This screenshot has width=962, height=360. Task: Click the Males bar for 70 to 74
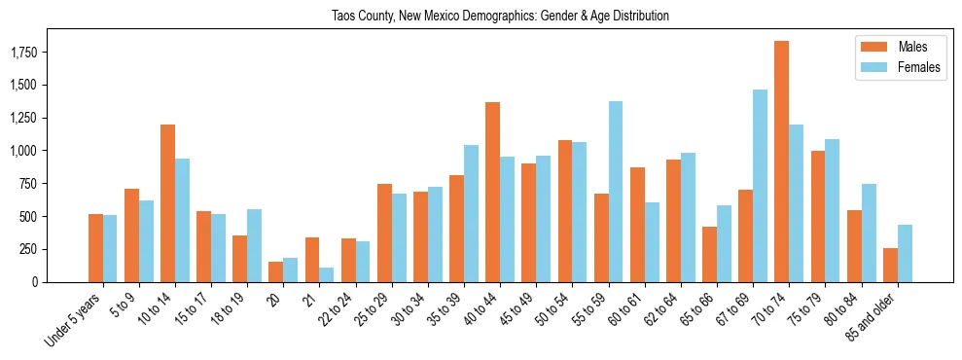coord(781,162)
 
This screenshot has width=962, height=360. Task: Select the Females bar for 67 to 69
coord(760,186)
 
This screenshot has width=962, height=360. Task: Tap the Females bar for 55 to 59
coord(615,192)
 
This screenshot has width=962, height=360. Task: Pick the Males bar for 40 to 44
coord(492,192)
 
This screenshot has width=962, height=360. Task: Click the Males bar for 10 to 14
coord(167,203)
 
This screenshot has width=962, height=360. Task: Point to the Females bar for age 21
coord(326,274)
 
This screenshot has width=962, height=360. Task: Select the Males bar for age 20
coord(275,271)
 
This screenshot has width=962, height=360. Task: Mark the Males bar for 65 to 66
coord(709,254)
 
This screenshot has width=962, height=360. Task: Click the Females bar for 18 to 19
coord(254,245)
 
